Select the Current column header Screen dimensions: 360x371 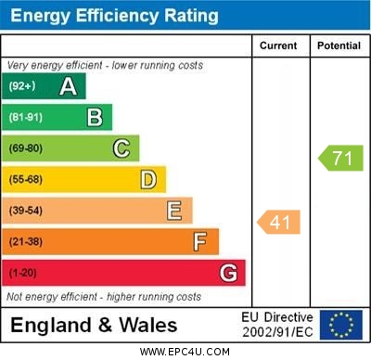click(278, 45)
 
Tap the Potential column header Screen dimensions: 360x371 click(339, 45)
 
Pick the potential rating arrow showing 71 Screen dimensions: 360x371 click(340, 158)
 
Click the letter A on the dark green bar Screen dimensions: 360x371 click(68, 86)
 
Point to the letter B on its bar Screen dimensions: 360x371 click(95, 117)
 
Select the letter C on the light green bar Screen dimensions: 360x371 click(122, 148)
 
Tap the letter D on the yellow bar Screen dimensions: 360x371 click(148, 179)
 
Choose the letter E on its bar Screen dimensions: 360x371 click(174, 211)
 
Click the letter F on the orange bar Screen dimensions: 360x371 click(200, 241)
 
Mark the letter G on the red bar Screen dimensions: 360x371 click(228, 273)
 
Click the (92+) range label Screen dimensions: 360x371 click(22, 86)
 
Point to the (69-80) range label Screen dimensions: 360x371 click(26, 148)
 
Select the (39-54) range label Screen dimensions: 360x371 click(26, 211)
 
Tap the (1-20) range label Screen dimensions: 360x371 click(23, 273)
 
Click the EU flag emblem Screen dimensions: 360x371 click(341, 325)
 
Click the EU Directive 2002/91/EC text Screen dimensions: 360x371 click(278, 325)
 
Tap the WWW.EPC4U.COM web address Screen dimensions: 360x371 click(185, 352)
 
